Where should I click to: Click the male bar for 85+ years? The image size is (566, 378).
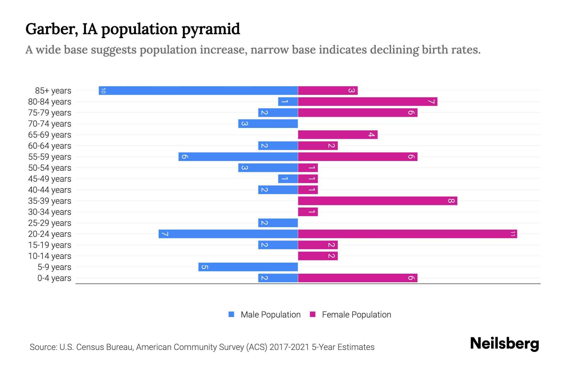click(x=198, y=91)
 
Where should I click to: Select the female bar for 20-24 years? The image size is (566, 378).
click(x=407, y=234)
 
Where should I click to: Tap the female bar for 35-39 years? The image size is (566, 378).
click(x=377, y=201)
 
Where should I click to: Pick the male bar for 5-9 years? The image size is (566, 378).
click(x=248, y=267)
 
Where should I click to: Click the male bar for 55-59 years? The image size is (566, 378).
click(x=238, y=157)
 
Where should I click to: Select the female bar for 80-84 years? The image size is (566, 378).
click(x=368, y=102)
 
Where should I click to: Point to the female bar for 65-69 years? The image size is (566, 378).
click(x=338, y=135)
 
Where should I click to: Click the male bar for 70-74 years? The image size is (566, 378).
click(x=268, y=124)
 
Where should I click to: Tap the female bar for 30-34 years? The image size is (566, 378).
click(x=308, y=212)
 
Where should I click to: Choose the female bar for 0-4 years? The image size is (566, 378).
click(x=358, y=278)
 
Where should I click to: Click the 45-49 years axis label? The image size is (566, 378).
click(x=50, y=179)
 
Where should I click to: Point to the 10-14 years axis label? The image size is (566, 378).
click(x=50, y=256)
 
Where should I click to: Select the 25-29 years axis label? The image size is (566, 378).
click(x=50, y=223)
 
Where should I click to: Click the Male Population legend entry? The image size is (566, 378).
click(x=270, y=315)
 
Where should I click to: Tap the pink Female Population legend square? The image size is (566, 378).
click(x=313, y=314)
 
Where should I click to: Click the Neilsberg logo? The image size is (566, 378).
click(x=504, y=344)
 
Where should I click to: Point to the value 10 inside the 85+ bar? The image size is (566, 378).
click(x=103, y=91)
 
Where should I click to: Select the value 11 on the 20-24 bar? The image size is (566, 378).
click(x=513, y=234)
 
